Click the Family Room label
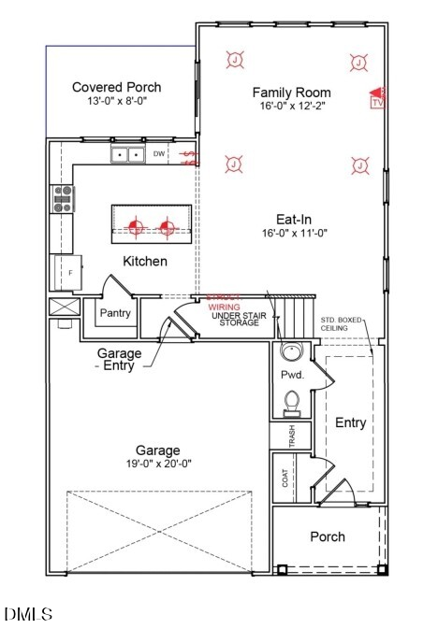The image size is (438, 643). (x=291, y=93)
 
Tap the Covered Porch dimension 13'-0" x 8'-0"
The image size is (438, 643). (x=111, y=102)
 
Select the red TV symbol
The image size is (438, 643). (x=377, y=97)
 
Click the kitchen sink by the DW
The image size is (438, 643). (x=126, y=154)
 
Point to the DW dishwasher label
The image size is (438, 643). (x=159, y=153)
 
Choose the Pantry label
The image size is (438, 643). (x=114, y=313)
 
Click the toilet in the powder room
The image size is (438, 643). (x=291, y=403)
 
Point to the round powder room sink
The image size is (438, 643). (x=291, y=353)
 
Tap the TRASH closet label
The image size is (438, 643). (x=291, y=436)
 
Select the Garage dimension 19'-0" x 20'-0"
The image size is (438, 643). (x=156, y=464)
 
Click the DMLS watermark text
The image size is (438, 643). (x=29, y=614)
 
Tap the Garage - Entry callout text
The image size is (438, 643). (x=120, y=360)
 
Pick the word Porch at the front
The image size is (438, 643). (x=327, y=536)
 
